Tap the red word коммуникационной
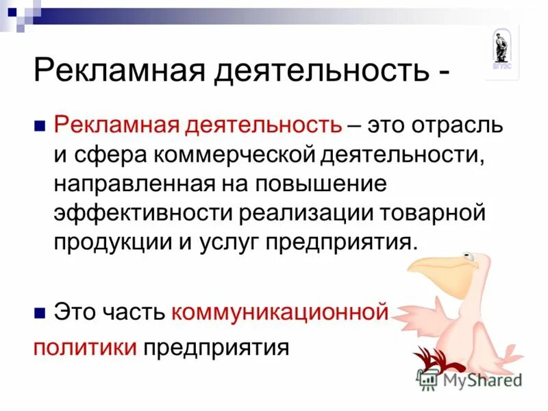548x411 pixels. pos(280,312)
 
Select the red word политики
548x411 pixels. pos(86,346)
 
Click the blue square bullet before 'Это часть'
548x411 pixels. pos(40,313)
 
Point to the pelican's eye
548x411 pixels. pos(469,258)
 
